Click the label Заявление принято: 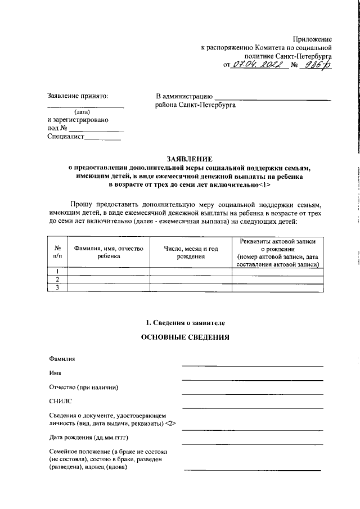pyautogui.click(x=77, y=96)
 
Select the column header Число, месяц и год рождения pyautogui.click(x=191, y=251)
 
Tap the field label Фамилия pyautogui.click(x=62, y=359)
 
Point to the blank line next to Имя pyautogui.click(x=252, y=380)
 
